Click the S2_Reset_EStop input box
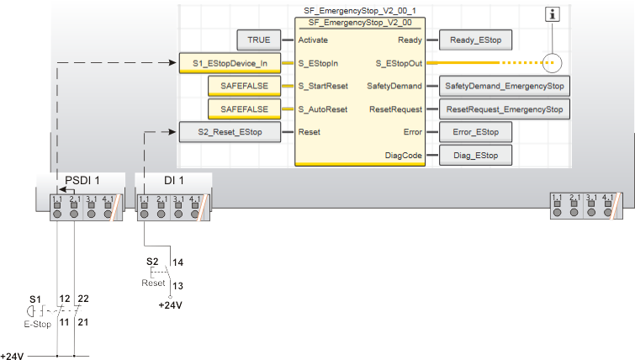(x=229, y=131)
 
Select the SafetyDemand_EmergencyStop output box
(x=504, y=86)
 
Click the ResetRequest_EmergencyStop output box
(x=504, y=109)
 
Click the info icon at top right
(x=553, y=13)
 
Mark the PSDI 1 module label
(x=82, y=180)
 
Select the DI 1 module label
(x=173, y=180)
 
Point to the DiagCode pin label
(x=402, y=155)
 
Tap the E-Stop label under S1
(x=37, y=324)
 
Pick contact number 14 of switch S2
(x=177, y=262)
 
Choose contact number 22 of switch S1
(x=82, y=299)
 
